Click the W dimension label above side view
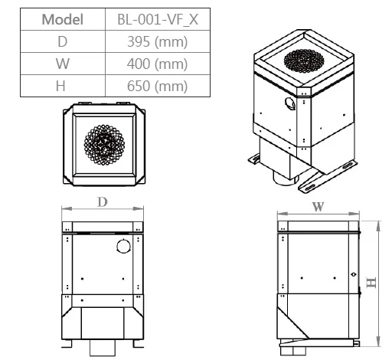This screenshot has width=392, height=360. [318, 207]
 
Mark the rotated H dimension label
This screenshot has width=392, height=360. [371, 283]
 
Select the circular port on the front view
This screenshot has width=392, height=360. [122, 245]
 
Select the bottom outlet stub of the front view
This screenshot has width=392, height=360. [101, 349]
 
